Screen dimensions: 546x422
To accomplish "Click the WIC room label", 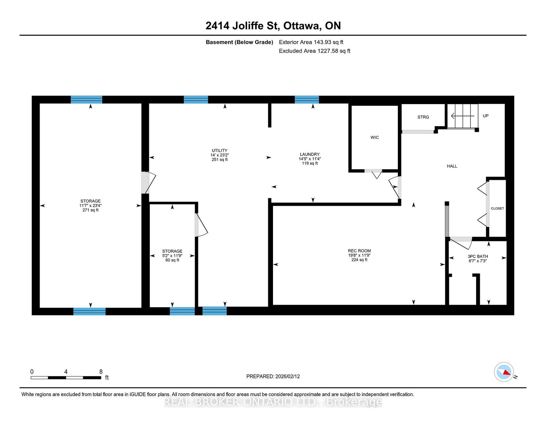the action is click(374, 137).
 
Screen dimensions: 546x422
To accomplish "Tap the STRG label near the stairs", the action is click(423, 117).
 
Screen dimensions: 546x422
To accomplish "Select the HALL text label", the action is click(452, 166).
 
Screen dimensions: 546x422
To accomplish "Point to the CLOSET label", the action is click(497, 208).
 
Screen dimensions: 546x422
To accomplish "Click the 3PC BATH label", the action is click(478, 256).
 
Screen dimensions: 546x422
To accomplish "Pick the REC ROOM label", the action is click(359, 251).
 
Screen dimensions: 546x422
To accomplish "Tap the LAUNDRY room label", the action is click(310, 154).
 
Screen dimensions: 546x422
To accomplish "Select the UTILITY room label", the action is click(219, 150).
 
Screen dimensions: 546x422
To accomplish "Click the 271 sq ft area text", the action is click(90, 210).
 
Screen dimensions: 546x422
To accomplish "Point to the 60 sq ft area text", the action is click(172, 260).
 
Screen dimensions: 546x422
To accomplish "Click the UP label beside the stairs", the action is click(486, 116).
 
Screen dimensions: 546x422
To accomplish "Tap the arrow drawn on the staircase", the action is click(463, 116).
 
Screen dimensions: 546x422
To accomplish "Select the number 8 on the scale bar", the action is click(101, 372).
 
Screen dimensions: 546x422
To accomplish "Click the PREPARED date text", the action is click(273, 376).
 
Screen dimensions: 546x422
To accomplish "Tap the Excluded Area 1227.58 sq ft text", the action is click(314, 51).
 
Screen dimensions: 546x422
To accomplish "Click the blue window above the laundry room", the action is click(306, 100).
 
